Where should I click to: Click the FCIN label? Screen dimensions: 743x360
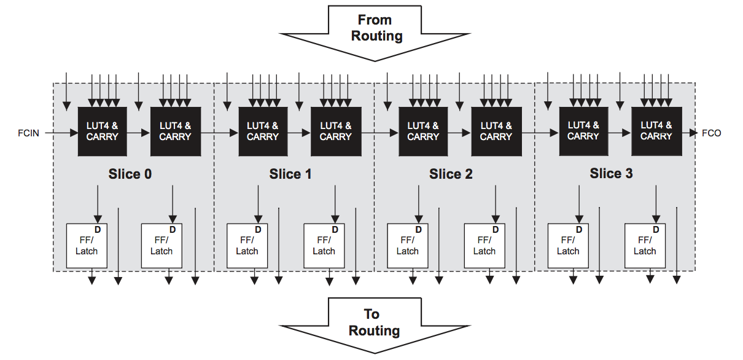[28, 133]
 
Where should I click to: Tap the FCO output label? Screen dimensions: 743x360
[712, 133]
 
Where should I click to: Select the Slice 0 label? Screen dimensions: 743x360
[130, 174]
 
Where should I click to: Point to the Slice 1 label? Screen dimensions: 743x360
[290, 174]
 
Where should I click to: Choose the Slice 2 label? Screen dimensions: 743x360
[451, 174]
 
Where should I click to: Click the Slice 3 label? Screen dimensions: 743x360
[611, 173]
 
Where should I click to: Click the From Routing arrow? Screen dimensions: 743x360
[375, 33]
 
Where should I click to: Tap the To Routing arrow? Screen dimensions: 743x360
[375, 326]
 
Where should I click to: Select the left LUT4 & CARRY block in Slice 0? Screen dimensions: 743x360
[102, 131]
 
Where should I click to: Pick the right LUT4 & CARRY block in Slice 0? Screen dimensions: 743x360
[176, 131]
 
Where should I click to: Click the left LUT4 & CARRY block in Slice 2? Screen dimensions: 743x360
[423, 131]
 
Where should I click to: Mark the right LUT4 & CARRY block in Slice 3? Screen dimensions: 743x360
[656, 131]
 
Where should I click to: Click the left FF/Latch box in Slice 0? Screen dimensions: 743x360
[87, 246]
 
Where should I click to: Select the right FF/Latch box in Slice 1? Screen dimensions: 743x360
[324, 246]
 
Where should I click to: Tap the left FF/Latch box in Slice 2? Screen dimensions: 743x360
[408, 246]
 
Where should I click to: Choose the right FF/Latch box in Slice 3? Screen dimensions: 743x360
[645, 246]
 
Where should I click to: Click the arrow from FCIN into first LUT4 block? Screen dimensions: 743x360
[61, 133]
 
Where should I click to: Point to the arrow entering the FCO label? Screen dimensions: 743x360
[690, 133]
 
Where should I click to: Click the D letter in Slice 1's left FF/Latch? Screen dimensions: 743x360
[258, 230]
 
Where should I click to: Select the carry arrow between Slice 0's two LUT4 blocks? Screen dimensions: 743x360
[139, 133]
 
